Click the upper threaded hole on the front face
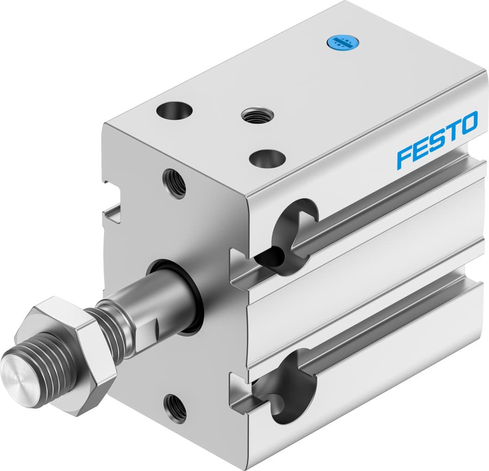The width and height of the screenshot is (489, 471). tap(175, 183)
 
